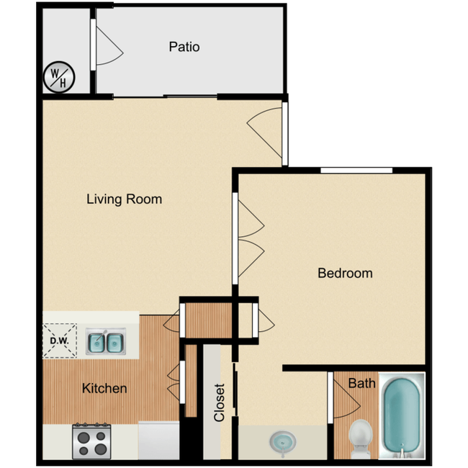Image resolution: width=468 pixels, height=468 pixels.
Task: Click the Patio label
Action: pyautogui.click(x=184, y=48)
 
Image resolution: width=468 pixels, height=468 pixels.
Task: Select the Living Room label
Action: pyautogui.click(x=124, y=199)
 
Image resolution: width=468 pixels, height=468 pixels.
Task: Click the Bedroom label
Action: pyautogui.click(x=345, y=274)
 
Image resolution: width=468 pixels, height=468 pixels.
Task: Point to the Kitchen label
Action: pyautogui.click(x=104, y=389)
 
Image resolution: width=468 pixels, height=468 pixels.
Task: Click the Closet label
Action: pyautogui.click(x=220, y=402)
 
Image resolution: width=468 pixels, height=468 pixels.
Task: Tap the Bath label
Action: pyautogui.click(x=361, y=383)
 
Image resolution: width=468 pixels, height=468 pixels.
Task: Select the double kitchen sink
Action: pyautogui.click(x=105, y=343)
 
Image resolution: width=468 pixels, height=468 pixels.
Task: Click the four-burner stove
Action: pyautogui.click(x=91, y=441)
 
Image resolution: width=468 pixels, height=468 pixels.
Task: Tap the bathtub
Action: pyautogui.click(x=402, y=415)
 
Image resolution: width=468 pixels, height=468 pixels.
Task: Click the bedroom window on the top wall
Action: pyautogui.click(x=356, y=171)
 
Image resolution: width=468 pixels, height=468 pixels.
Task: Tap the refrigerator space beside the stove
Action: pyautogui.click(x=159, y=441)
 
